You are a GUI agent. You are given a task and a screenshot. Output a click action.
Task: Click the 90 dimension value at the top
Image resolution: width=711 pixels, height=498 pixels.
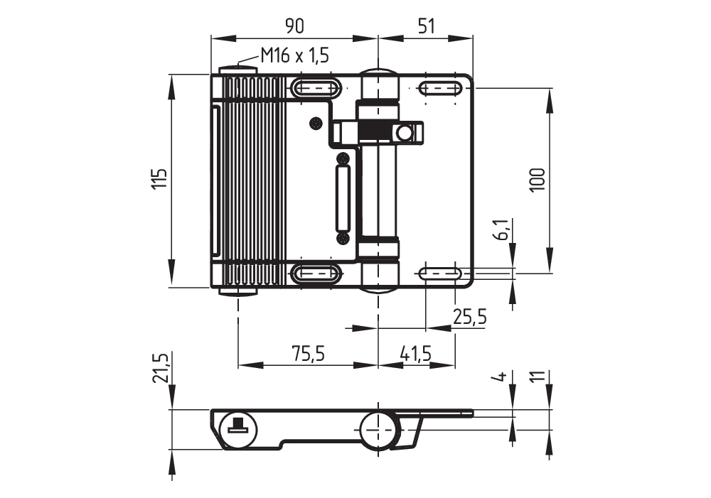[294, 26]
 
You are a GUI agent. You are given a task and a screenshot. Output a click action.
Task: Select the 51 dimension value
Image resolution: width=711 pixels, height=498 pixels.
[425, 26]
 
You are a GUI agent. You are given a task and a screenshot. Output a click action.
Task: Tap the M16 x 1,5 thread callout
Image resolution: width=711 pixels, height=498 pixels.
[294, 55]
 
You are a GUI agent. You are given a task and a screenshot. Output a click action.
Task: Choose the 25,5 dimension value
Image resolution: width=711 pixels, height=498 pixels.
[470, 317]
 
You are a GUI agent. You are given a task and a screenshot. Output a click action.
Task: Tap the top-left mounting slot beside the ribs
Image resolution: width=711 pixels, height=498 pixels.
[314, 89]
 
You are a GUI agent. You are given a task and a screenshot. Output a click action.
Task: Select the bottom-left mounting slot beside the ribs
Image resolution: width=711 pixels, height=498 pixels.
[314, 272]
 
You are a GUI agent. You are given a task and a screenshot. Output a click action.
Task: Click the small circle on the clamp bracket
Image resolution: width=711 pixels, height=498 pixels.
[405, 133]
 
